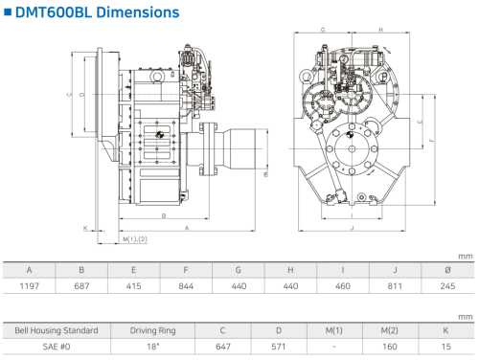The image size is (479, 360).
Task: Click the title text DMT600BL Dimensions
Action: click(x=97, y=12)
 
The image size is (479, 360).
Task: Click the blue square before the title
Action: click(x=8, y=12)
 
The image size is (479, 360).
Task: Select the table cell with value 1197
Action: click(x=29, y=286)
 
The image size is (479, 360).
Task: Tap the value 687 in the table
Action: click(x=81, y=286)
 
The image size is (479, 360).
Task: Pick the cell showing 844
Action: click(x=186, y=286)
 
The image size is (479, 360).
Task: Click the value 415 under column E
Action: click(x=133, y=286)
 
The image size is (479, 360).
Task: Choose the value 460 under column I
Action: click(x=343, y=286)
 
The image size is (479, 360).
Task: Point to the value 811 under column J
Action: click(x=395, y=286)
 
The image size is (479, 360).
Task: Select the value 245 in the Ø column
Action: click(x=447, y=286)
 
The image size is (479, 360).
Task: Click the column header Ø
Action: click(x=447, y=270)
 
